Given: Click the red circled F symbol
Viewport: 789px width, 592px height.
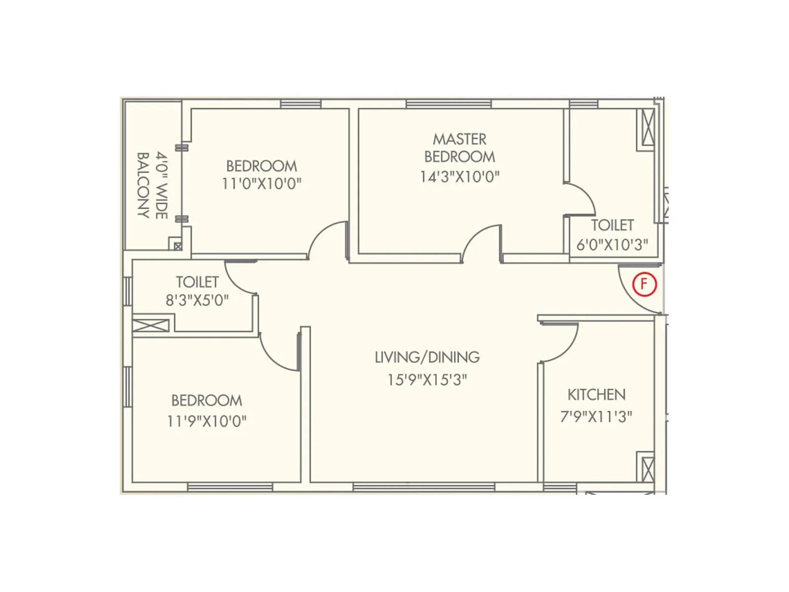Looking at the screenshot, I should [x=645, y=284].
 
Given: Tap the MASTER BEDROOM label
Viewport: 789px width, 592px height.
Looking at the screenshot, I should [x=460, y=148].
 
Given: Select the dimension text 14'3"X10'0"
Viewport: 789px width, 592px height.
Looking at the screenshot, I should [x=460, y=177].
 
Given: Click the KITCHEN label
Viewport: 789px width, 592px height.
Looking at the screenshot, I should [x=596, y=395].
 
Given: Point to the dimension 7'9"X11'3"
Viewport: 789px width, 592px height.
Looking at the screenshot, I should [x=596, y=417].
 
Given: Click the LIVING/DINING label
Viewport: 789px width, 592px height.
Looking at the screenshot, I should [x=427, y=357].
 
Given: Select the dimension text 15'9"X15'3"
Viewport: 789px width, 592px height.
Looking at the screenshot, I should [x=427, y=380].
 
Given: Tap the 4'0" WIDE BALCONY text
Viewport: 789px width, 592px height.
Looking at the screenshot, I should [x=152, y=185].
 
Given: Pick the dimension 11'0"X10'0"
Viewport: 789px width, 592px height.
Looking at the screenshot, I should [x=261, y=184].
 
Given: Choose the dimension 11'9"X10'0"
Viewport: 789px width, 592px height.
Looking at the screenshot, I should [x=207, y=421].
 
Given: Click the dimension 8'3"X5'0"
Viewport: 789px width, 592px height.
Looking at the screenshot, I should [x=197, y=300].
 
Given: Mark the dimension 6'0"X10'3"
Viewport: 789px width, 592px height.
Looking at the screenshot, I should [x=612, y=245].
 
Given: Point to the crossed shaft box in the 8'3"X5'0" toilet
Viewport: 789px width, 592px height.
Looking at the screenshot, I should [x=151, y=326].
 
